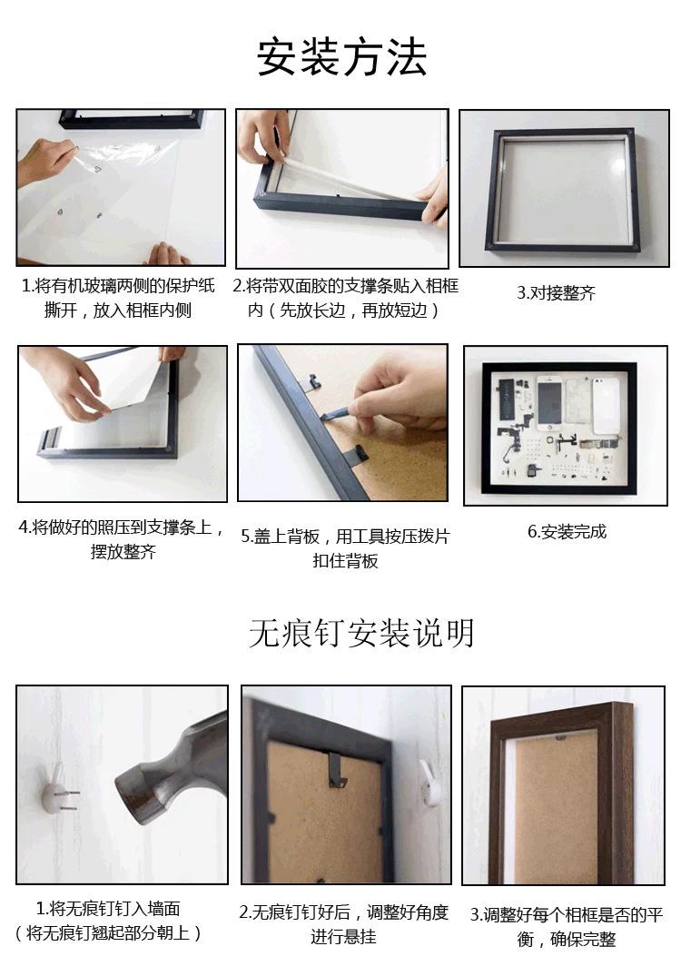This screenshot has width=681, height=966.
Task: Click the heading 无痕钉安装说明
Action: [x=361, y=633]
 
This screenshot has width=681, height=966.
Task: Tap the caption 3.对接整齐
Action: [x=556, y=293]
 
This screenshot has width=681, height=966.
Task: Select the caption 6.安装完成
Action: [x=567, y=532]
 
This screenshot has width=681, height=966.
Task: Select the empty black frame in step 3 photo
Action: [x=563, y=191]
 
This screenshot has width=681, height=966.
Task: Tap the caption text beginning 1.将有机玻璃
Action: [x=119, y=298]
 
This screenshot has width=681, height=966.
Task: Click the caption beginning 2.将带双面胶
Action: [x=344, y=298]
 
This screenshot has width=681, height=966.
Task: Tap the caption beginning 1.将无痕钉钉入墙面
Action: [x=108, y=920]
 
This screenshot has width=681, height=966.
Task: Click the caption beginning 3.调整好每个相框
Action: [x=567, y=926]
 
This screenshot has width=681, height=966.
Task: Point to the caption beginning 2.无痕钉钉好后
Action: [x=344, y=923]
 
